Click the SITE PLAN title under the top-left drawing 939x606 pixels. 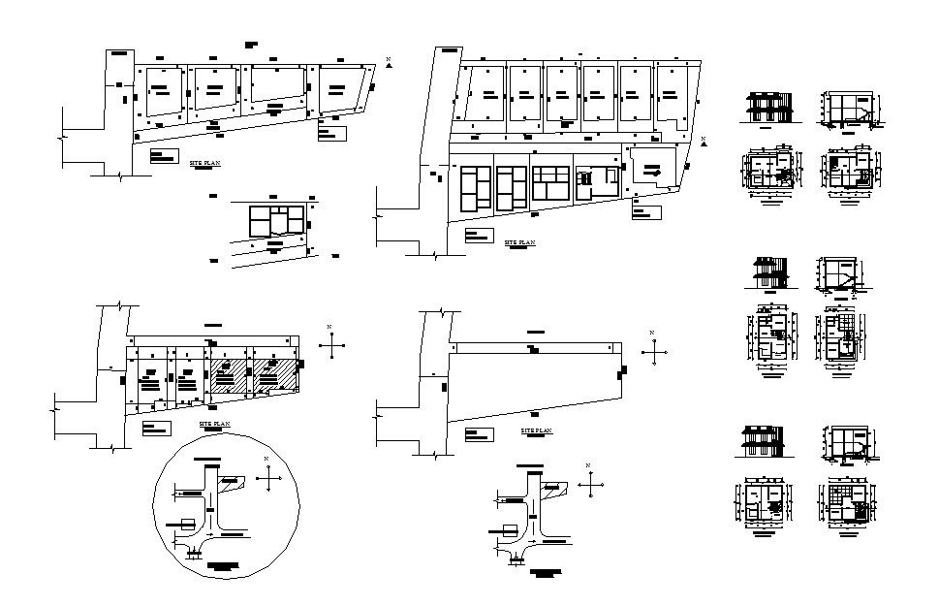click(x=204, y=164)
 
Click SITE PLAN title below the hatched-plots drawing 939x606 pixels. click(x=215, y=424)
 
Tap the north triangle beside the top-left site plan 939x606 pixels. click(x=388, y=62)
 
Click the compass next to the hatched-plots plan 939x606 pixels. click(x=331, y=343)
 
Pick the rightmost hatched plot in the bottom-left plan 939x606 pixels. click(x=274, y=376)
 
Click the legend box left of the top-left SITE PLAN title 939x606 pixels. click(x=164, y=155)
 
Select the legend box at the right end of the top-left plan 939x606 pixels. click(x=332, y=134)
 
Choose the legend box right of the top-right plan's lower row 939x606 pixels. click(x=645, y=213)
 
